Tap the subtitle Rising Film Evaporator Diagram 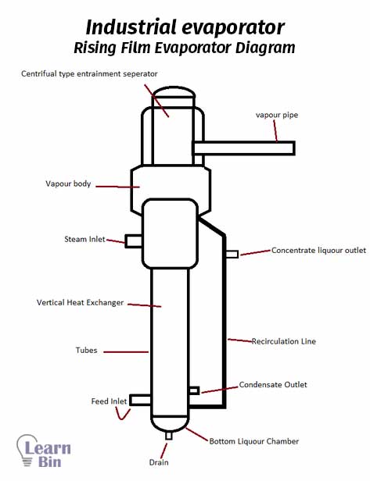(185, 48)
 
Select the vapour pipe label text (277, 115)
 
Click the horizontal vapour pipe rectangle (244, 148)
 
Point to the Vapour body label (68, 183)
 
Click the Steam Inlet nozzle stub (133, 241)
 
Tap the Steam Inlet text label (84, 239)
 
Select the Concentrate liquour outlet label (318, 251)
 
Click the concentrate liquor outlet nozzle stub (232, 254)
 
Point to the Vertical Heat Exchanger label (80, 303)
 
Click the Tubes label (86, 350)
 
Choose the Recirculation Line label (284, 341)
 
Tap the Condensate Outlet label (273, 385)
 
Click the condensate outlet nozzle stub (194, 390)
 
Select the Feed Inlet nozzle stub (140, 400)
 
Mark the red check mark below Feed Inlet (123, 414)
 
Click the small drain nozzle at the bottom (168, 436)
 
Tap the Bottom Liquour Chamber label (253, 441)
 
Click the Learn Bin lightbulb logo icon (27, 450)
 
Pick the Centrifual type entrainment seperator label (89, 74)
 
